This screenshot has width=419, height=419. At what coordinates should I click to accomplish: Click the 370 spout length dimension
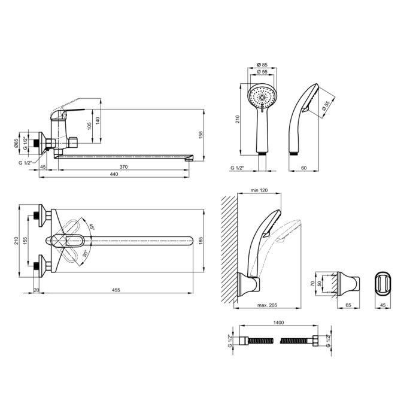point(123,167)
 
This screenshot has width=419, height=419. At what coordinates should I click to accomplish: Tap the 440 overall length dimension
point(114,174)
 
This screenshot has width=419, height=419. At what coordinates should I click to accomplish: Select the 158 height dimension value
point(201,135)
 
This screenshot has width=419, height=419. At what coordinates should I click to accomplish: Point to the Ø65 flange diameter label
point(16,143)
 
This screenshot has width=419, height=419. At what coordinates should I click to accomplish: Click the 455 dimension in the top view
point(116,290)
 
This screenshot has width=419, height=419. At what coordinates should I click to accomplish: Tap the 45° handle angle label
point(92,227)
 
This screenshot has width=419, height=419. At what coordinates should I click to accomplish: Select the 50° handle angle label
point(85,253)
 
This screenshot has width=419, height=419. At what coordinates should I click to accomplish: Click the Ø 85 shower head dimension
point(262,65)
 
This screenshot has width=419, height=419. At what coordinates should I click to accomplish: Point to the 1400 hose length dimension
point(278,323)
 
